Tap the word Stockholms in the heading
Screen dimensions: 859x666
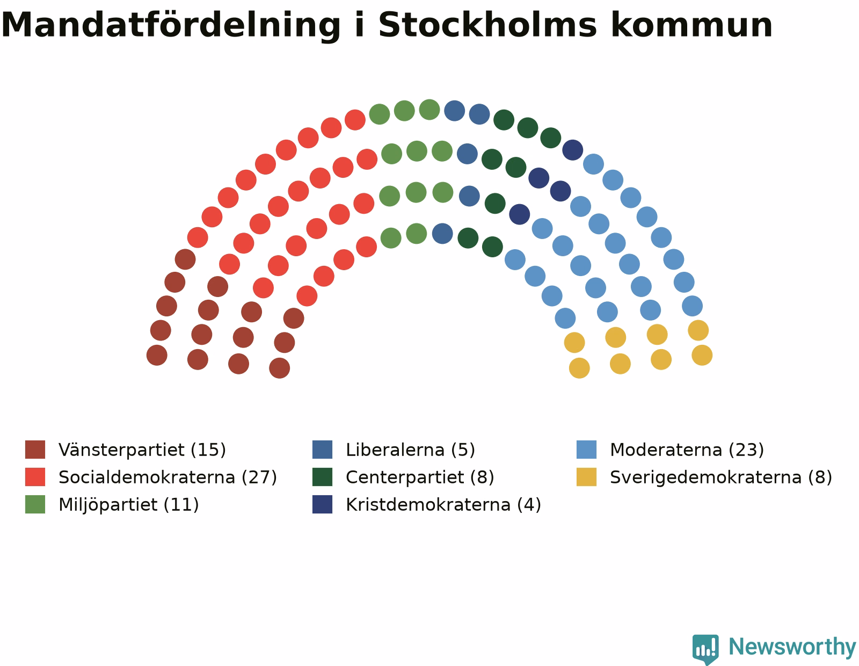(487, 25)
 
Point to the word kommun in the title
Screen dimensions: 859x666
(691, 25)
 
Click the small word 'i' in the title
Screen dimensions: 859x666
(359, 25)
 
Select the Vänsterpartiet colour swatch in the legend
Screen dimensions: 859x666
(35, 449)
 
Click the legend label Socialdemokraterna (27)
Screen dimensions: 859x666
(168, 477)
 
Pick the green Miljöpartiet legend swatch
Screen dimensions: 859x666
(35, 504)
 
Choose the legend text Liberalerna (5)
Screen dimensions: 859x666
(410, 450)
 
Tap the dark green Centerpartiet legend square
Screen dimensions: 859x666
(322, 477)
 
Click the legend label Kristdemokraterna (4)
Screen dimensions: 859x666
(443, 505)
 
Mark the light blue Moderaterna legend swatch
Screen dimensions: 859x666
(586, 449)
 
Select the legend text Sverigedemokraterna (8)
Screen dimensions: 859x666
(721, 477)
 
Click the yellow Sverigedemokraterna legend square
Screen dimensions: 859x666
(586, 477)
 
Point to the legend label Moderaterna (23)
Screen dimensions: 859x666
(687, 450)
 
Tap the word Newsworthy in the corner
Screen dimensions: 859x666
(792, 647)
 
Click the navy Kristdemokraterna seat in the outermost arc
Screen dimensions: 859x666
(572, 150)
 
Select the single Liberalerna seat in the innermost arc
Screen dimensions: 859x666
(442, 233)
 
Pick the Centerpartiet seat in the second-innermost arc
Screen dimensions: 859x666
(495, 203)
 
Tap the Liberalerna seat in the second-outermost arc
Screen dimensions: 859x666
(467, 154)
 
